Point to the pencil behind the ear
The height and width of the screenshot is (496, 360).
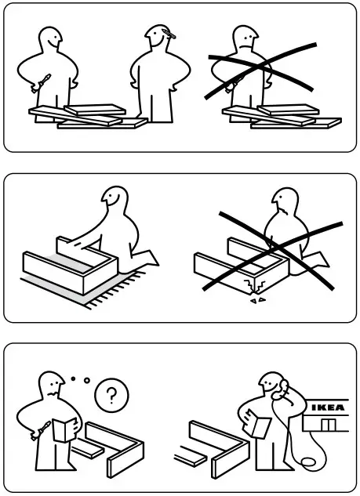171,34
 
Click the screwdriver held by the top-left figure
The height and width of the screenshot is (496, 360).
44,80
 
